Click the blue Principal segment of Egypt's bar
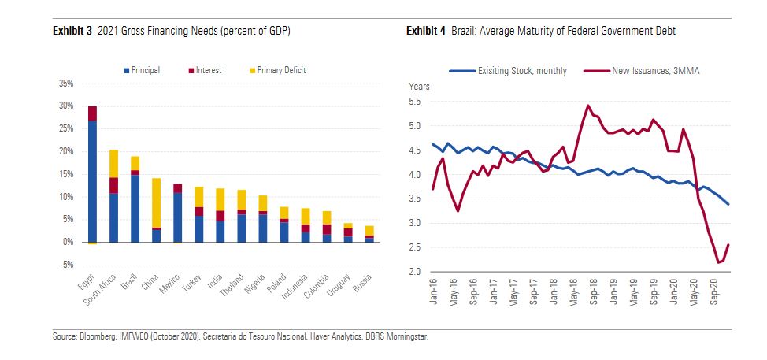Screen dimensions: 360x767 92,181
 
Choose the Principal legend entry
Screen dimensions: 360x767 142,70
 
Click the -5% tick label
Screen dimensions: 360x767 66,265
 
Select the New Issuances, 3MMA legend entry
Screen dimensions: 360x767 655,71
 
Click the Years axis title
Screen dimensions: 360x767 420,85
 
